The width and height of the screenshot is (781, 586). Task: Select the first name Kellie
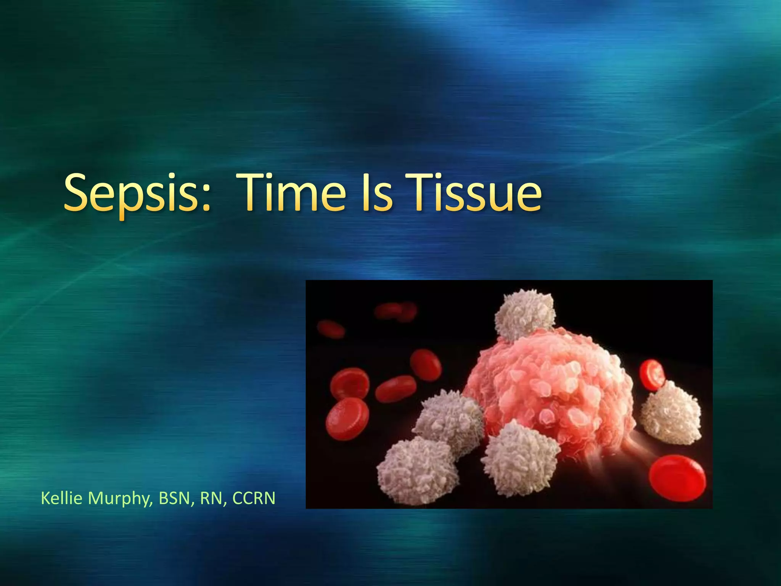tap(61, 498)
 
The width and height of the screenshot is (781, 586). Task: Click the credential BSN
tap(174, 498)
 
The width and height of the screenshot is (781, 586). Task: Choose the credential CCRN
tap(254, 498)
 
